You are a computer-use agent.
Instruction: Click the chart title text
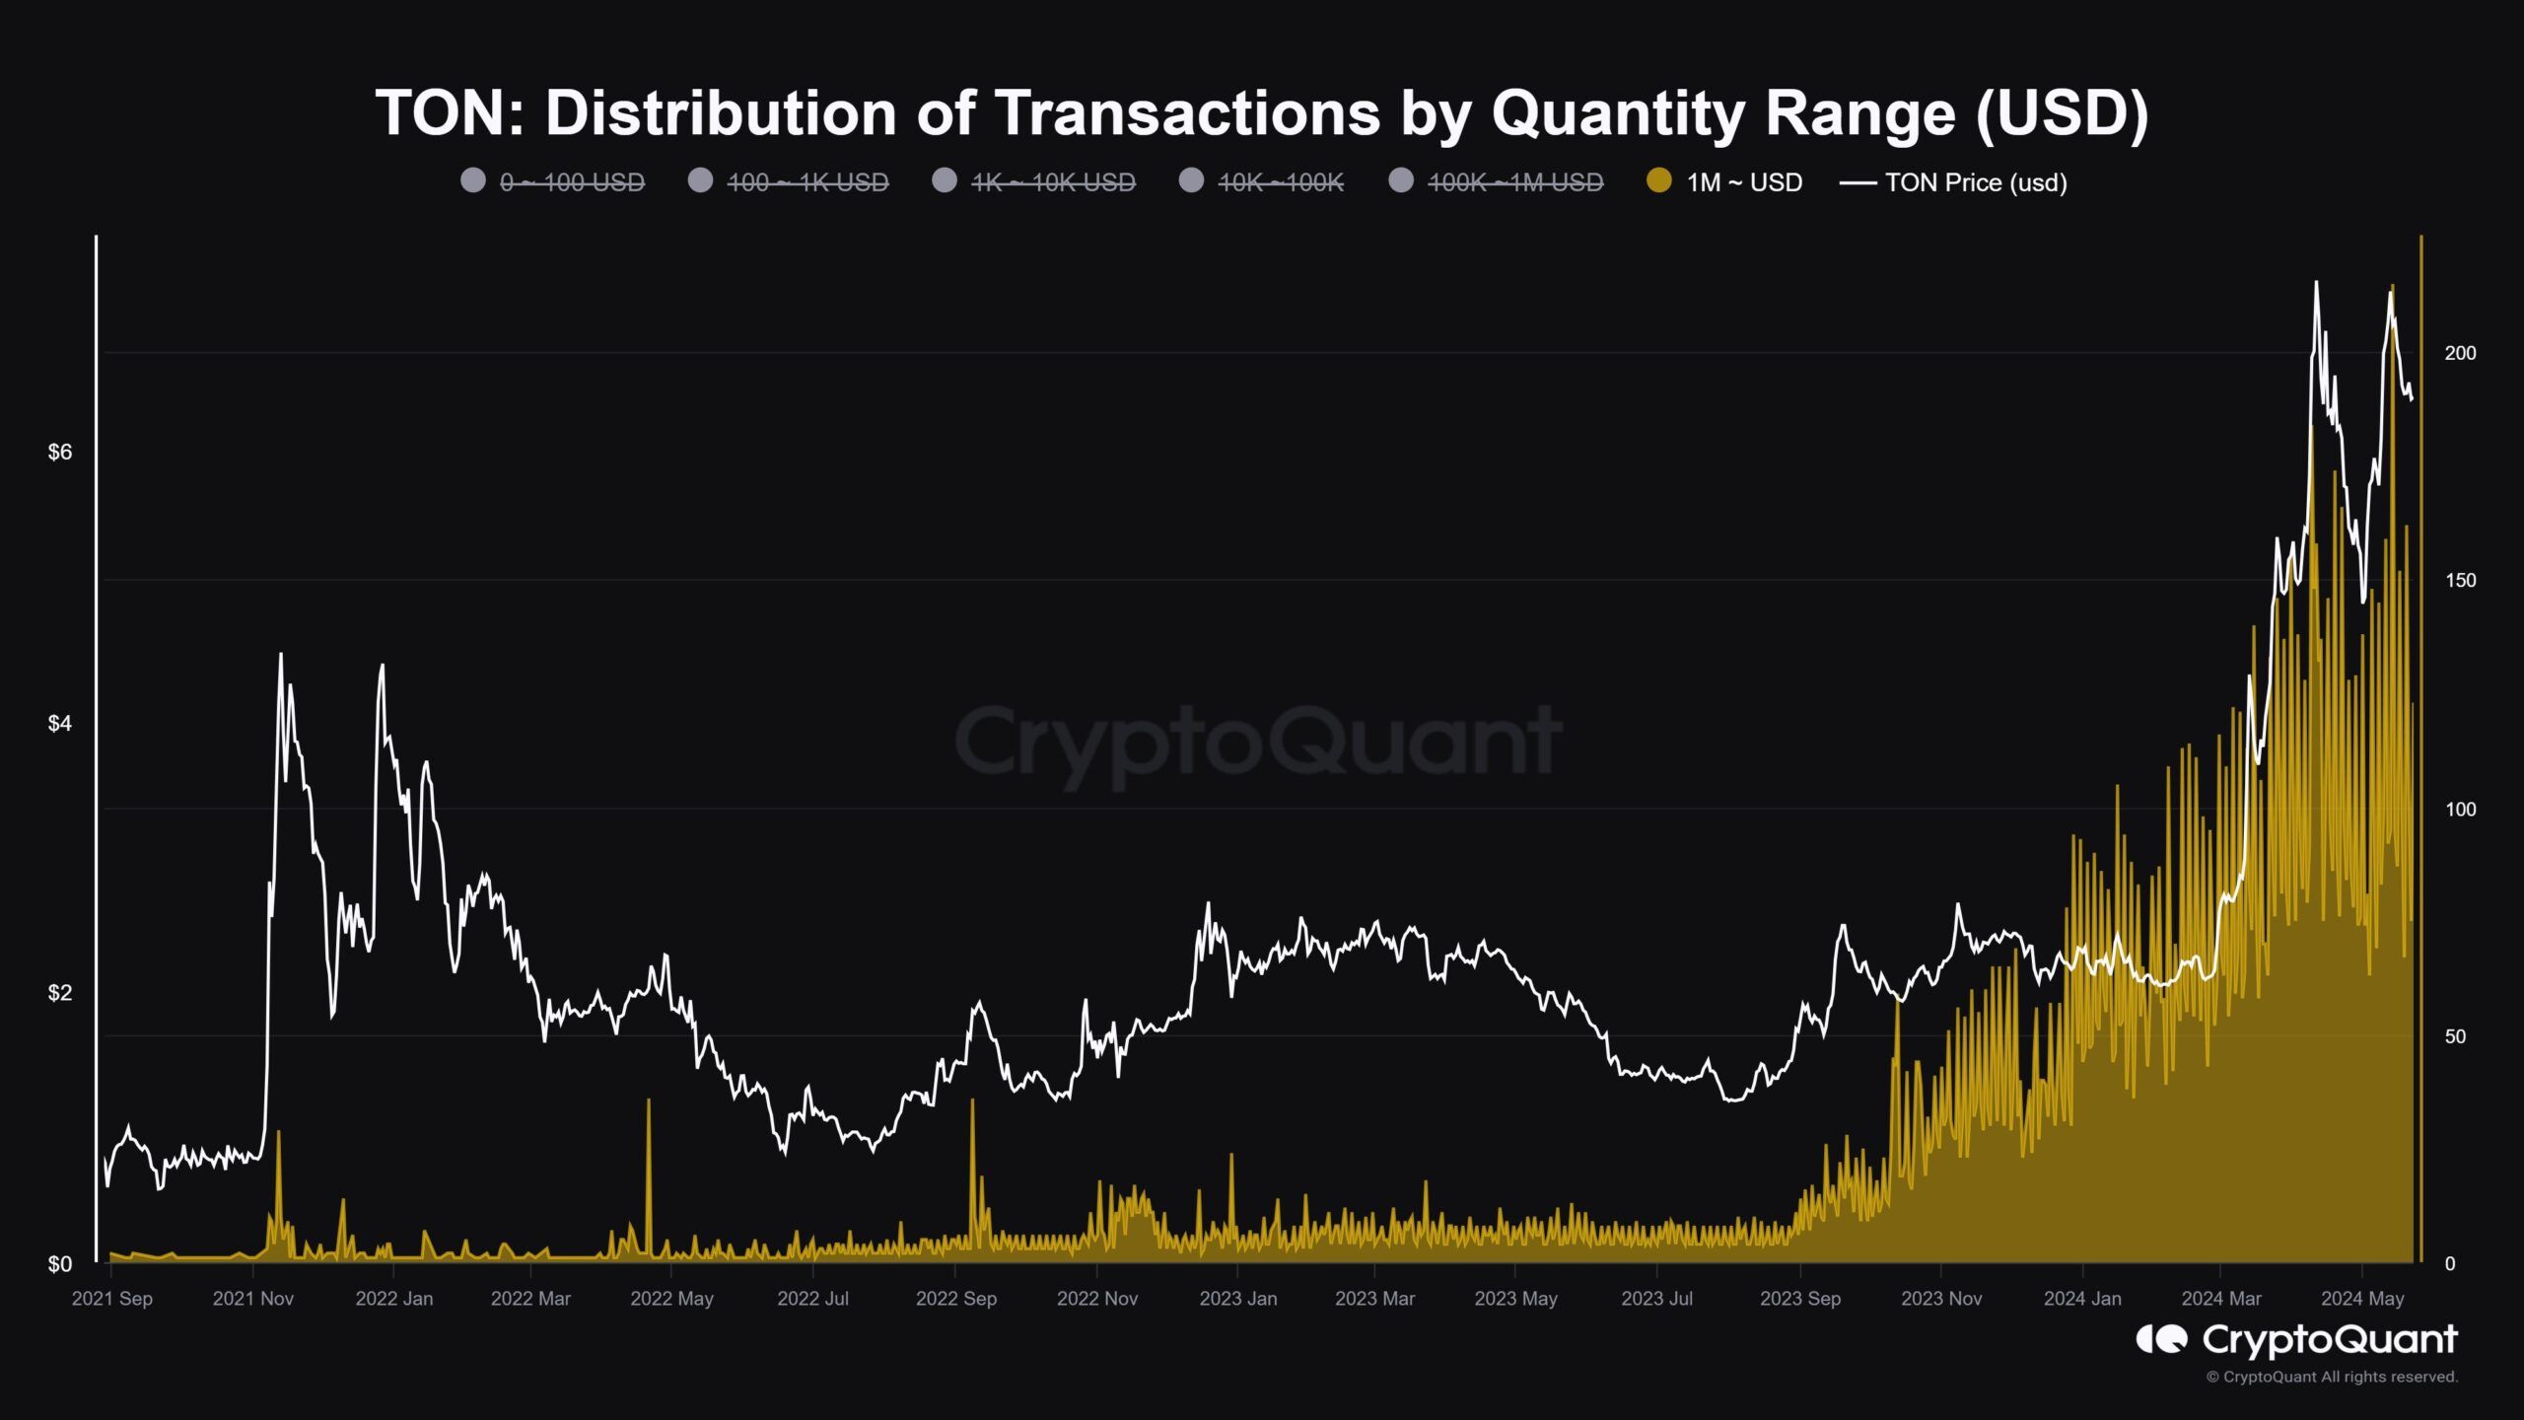(1261, 112)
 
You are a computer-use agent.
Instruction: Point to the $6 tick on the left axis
(60, 453)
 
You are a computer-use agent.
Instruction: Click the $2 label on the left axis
(60, 993)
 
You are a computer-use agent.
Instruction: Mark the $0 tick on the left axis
(60, 1264)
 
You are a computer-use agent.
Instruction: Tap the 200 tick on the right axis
(2460, 353)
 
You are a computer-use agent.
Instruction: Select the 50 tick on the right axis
(2454, 1036)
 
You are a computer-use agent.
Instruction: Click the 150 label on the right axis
(2460, 581)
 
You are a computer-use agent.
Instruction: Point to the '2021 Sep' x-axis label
(112, 1299)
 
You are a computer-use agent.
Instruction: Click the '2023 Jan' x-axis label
(1238, 1299)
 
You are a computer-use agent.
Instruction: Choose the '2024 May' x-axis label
(2362, 1299)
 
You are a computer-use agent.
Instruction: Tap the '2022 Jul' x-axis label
(812, 1299)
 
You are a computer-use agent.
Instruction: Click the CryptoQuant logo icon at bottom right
(2161, 1339)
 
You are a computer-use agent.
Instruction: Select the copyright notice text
(2332, 1377)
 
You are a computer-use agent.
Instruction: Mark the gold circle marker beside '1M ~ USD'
(1659, 180)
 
